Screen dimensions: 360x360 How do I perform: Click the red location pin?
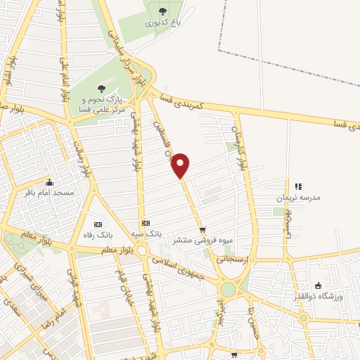181,165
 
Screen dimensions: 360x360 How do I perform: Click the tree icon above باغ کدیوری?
162,11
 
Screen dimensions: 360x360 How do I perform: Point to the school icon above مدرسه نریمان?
298,186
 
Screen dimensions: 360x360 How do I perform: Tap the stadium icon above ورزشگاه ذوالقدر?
318,285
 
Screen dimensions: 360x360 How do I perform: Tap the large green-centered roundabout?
227,290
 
